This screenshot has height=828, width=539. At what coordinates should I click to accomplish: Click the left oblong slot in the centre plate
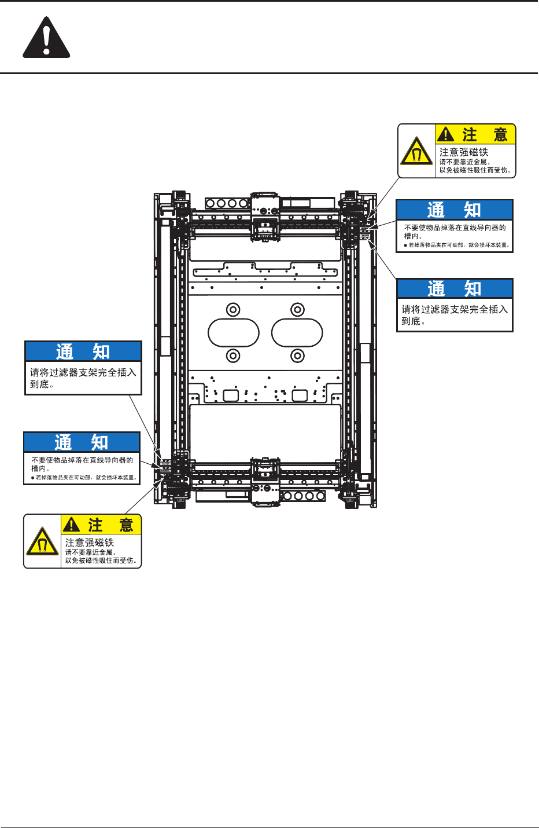[233, 332]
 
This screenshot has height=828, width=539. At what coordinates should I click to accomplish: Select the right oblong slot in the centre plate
[297, 332]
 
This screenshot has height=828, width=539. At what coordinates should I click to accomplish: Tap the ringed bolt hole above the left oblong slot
[233, 309]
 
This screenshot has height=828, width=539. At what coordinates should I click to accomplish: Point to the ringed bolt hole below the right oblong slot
[297, 355]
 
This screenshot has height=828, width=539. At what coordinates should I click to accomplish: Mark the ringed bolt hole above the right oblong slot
[297, 309]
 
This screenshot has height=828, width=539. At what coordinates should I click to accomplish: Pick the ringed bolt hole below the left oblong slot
[233, 355]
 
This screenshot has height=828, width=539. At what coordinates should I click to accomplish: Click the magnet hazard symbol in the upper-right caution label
[416, 152]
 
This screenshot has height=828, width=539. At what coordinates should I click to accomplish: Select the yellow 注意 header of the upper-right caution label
[475, 135]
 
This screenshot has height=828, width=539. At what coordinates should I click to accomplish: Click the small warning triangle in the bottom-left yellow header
[71, 525]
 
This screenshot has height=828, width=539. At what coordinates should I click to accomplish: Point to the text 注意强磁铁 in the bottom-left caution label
[90, 543]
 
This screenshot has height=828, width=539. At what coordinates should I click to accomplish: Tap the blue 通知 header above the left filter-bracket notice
[83, 351]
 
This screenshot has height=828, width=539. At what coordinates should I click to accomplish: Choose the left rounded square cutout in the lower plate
[231, 395]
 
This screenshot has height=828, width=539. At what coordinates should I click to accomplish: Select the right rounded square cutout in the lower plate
[300, 395]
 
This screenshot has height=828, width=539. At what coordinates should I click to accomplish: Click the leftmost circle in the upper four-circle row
[211, 203]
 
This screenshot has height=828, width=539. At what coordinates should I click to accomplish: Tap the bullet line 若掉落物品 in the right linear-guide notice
[457, 246]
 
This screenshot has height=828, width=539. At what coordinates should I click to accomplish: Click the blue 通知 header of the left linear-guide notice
[82, 442]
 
